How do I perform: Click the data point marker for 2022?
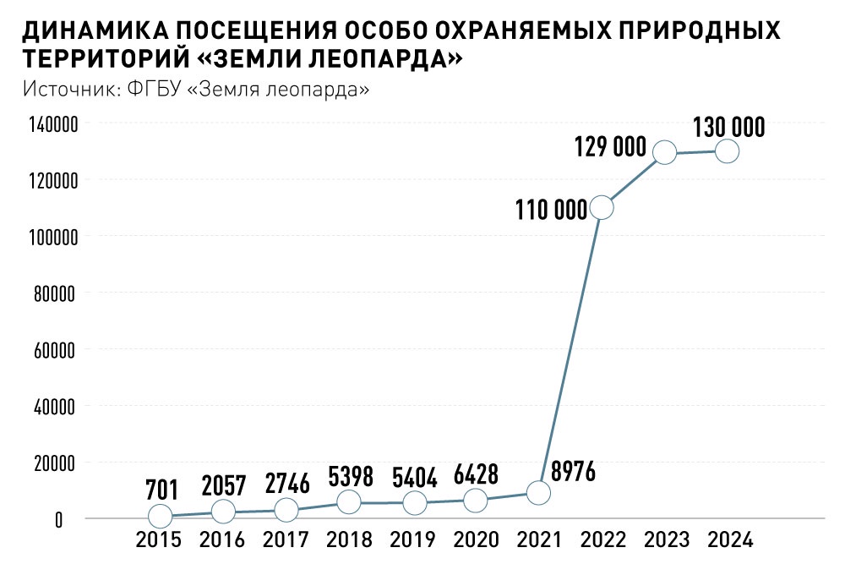click(602, 207)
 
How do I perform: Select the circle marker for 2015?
click(160, 516)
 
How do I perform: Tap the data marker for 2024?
click(727, 151)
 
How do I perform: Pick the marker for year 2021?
click(539, 492)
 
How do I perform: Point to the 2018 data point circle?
click(350, 502)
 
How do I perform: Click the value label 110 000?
click(551, 210)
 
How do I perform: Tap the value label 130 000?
click(728, 128)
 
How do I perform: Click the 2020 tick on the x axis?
click(476, 540)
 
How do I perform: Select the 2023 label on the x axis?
click(665, 540)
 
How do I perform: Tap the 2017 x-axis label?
click(286, 540)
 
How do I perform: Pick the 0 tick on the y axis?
click(58, 519)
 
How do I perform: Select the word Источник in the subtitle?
click(71, 89)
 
